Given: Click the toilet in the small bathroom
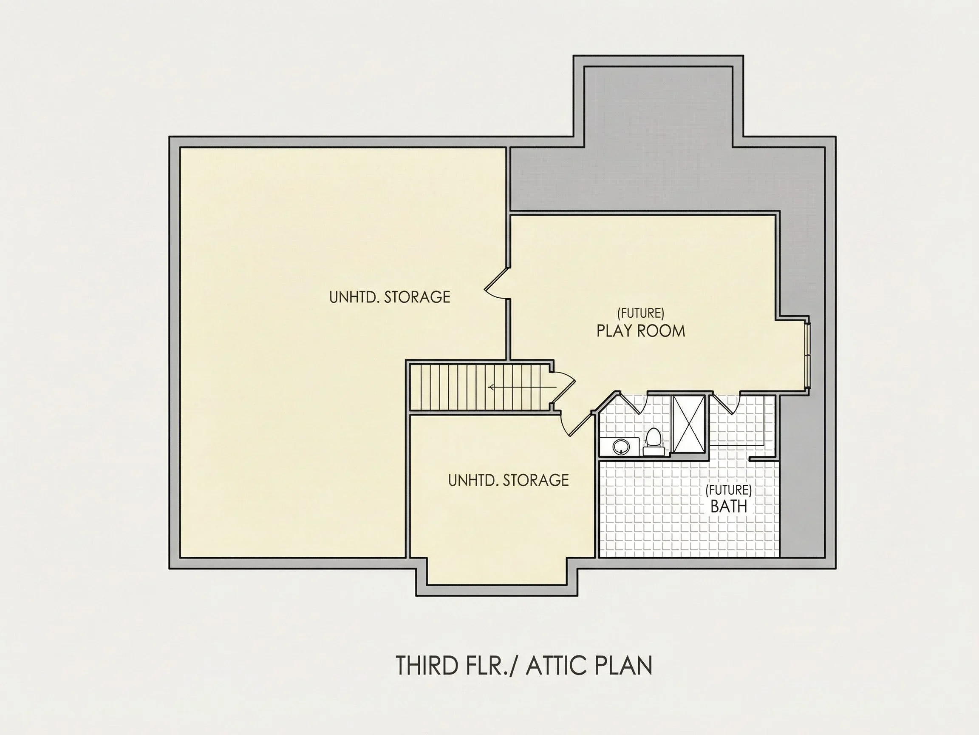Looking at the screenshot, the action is [653, 441].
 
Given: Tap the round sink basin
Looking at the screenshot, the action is [620, 447].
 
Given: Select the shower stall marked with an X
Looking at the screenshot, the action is [689, 424].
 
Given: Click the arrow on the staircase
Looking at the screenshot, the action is [522, 387].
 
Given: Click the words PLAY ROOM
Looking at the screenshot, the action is [640, 331].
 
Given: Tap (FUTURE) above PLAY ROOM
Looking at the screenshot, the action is [640, 313].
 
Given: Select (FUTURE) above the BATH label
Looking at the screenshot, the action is [728, 490].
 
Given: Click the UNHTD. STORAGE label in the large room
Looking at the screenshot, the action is [390, 297].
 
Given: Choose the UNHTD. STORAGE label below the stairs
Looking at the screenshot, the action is [509, 480].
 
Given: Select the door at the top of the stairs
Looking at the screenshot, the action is [563, 385].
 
